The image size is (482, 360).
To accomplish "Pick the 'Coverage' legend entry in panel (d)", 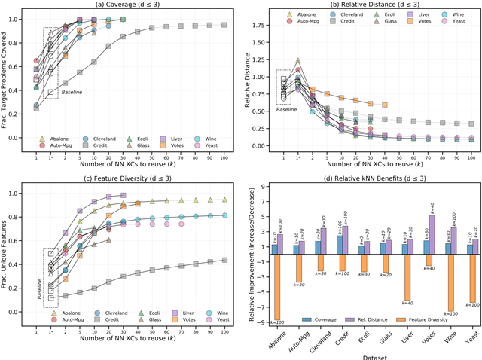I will [321, 319].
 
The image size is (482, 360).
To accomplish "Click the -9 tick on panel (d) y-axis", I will [262, 322].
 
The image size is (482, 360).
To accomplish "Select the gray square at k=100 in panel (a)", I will [225, 25].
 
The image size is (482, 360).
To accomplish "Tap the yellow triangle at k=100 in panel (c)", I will [225, 200].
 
